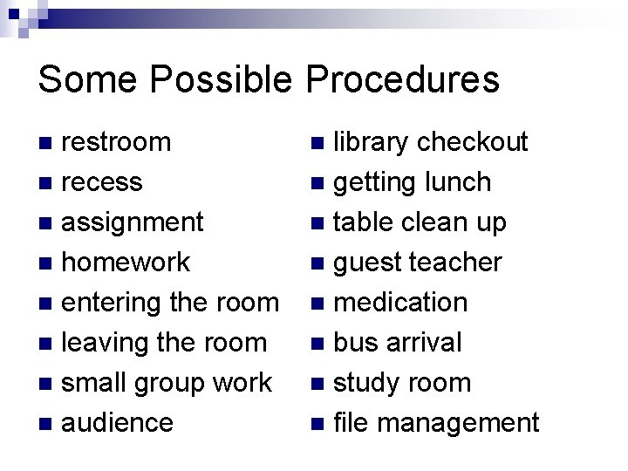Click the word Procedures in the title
coord(402,80)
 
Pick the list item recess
coord(102,182)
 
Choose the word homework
coord(126,263)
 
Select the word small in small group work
coord(95,383)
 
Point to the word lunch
coord(457,182)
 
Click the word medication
coord(401,303)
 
